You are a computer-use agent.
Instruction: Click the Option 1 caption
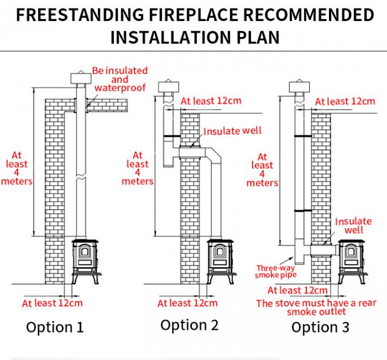click(55, 328)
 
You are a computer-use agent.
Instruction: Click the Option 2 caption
click(190, 325)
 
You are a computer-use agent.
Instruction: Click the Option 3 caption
click(320, 327)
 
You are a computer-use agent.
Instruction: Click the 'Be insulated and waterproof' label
click(119, 79)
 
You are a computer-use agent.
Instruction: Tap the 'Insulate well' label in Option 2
click(232, 131)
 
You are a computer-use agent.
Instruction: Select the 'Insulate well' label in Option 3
click(353, 226)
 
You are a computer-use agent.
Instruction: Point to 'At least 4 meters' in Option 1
click(17, 167)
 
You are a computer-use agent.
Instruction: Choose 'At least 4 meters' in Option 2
click(137, 168)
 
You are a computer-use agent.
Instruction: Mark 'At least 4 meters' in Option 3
click(262, 170)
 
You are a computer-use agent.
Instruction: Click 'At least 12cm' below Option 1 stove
click(52, 303)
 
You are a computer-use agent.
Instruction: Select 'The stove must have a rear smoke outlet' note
click(316, 308)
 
